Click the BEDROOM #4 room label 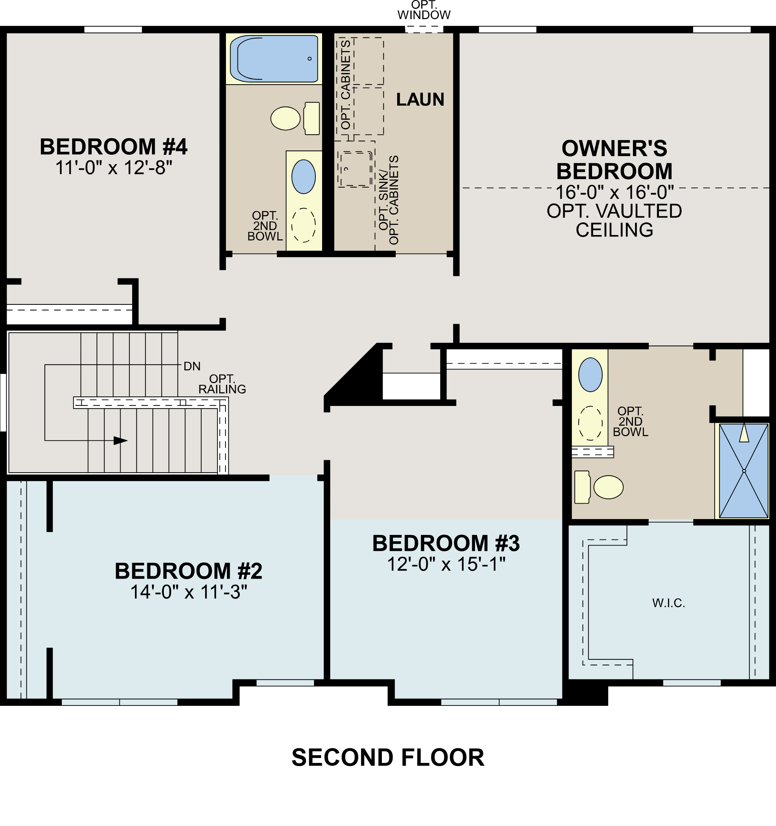click(x=113, y=147)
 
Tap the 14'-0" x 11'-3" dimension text click(x=189, y=592)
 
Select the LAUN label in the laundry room click(x=420, y=100)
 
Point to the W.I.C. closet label click(x=669, y=603)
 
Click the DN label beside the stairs click(x=192, y=366)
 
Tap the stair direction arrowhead click(x=120, y=440)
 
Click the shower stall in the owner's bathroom click(x=744, y=470)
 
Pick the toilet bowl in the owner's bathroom click(x=608, y=487)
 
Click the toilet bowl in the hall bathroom click(x=285, y=118)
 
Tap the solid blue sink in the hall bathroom click(x=303, y=177)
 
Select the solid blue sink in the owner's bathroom click(x=590, y=375)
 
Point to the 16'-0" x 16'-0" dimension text click(x=614, y=192)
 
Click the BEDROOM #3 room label click(x=446, y=543)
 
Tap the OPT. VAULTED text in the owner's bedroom click(x=614, y=211)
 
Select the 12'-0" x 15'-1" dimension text click(x=446, y=564)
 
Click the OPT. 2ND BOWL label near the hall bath click(x=265, y=226)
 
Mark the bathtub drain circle click(x=309, y=58)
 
